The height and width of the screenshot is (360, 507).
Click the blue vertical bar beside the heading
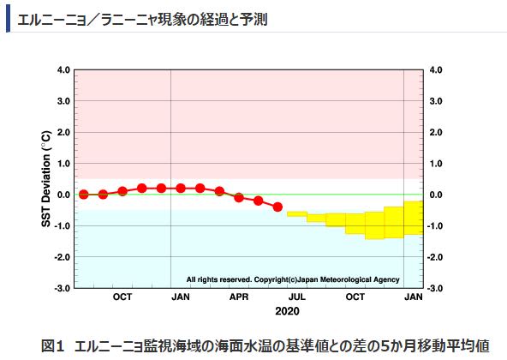coord(8,16)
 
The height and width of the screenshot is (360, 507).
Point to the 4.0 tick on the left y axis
coord(63,70)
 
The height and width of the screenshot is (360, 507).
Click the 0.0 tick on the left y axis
coord(63,195)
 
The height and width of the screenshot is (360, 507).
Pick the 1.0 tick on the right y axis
coord(435,164)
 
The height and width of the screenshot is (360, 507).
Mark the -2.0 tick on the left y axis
coord(62,257)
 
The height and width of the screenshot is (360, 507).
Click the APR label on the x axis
coord(239,297)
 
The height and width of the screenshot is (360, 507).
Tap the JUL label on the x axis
coord(296,297)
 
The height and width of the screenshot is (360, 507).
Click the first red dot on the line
coord(83,195)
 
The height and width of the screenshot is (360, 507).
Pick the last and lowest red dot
coord(277,207)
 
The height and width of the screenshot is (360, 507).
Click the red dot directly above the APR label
coord(239,197)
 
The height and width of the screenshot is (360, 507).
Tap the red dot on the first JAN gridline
coord(180,188)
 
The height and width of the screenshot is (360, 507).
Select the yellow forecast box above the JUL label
coord(296,213)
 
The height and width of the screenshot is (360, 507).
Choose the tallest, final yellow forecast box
coord(414,217)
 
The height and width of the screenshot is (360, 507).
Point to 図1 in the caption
coord(53,345)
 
